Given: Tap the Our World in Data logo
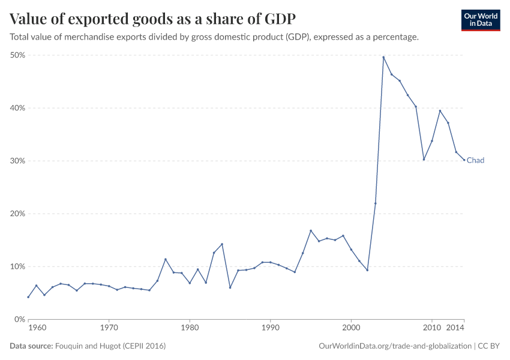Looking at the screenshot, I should tap(480, 20).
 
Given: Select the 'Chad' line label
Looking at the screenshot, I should tap(475, 161).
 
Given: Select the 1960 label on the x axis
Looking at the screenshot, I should tap(37, 328).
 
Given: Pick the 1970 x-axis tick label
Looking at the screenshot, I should tap(109, 328).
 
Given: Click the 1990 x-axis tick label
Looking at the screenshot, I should tap(270, 328).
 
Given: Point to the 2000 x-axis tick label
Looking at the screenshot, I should tap(351, 328).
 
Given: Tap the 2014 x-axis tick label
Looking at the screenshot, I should tap(456, 328).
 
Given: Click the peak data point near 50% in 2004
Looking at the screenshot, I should tap(383, 57).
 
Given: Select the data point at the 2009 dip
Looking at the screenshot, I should tap(424, 160).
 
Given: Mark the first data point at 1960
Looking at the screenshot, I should tap(28, 297).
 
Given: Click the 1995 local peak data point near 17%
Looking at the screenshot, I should tap(311, 230).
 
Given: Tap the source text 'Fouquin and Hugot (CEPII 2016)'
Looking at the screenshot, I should tap(110, 346).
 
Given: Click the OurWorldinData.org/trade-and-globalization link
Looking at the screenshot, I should tap(396, 346).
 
